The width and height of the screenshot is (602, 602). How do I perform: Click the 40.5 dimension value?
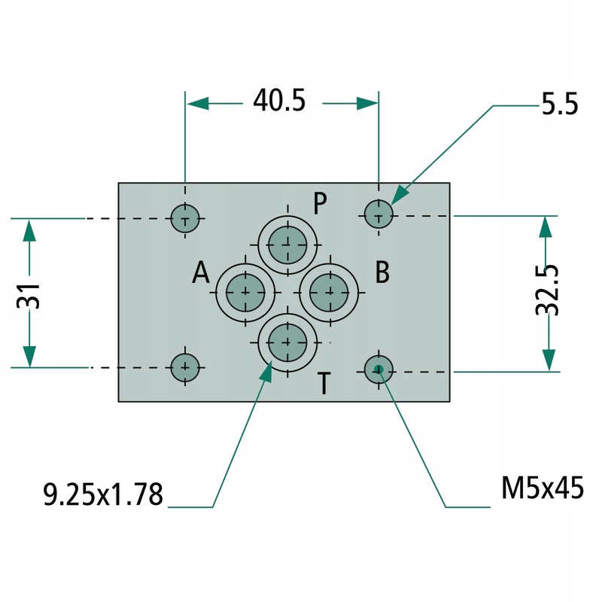click(279, 101)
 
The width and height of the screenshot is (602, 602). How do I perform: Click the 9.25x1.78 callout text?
click(103, 495)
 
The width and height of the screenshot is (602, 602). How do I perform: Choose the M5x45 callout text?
click(542, 489)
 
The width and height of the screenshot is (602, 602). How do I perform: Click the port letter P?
click(321, 203)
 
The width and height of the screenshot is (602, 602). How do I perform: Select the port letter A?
click(200, 273)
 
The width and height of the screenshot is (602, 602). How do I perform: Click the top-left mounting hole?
click(185, 219)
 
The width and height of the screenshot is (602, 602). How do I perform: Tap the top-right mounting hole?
click(379, 215)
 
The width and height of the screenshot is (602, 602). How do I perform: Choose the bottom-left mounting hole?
click(185, 367)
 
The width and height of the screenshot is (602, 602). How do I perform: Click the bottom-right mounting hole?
click(379, 369)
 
